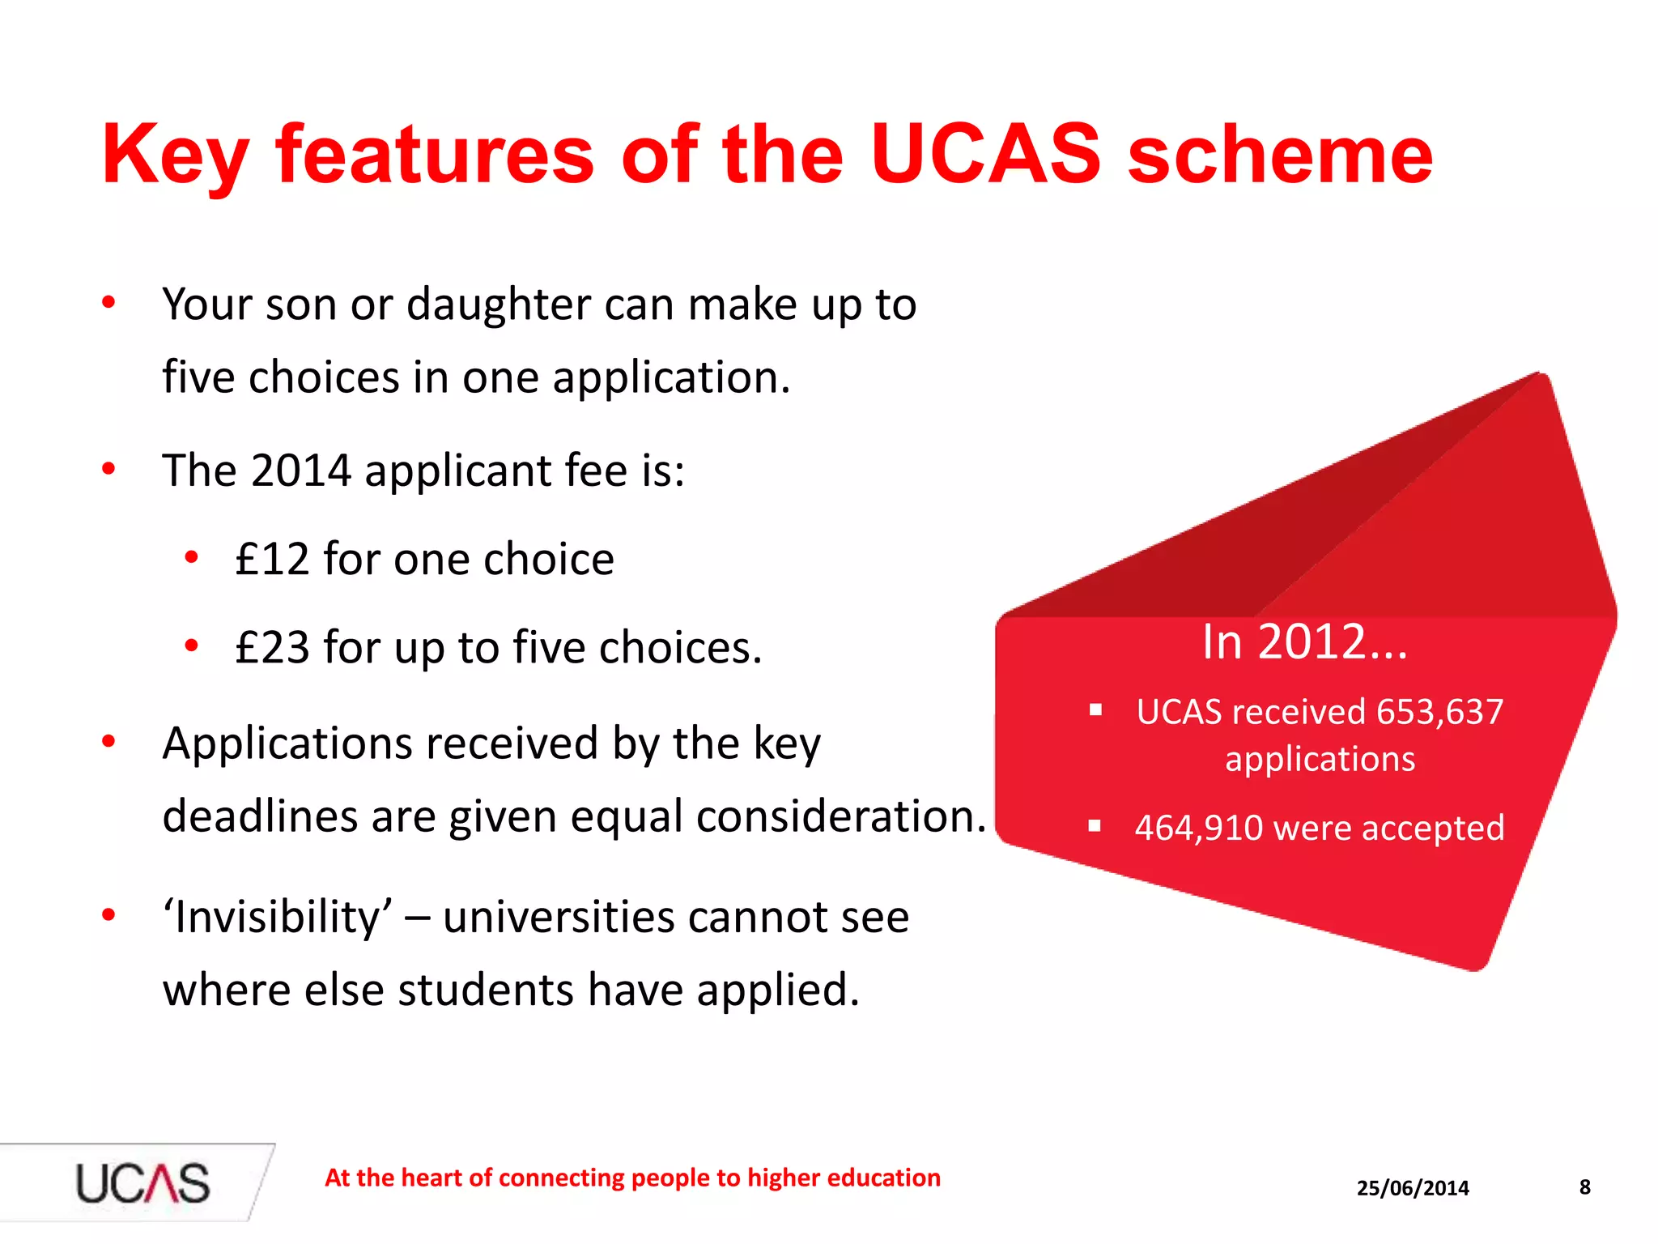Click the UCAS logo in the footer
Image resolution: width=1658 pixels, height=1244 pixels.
(142, 1183)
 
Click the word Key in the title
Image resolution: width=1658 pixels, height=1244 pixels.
(174, 155)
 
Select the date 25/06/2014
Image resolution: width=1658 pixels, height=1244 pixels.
(1413, 1188)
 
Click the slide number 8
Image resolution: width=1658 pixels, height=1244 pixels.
(1585, 1187)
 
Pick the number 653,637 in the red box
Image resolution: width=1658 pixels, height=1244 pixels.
(1439, 712)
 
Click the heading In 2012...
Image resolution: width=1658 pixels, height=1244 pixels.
(1304, 642)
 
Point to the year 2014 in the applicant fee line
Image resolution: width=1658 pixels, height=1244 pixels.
(300, 471)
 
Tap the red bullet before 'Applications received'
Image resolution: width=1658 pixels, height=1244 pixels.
(108, 741)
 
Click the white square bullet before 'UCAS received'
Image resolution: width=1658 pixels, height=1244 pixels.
(1095, 710)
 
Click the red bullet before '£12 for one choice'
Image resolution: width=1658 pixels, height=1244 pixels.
(191, 557)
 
